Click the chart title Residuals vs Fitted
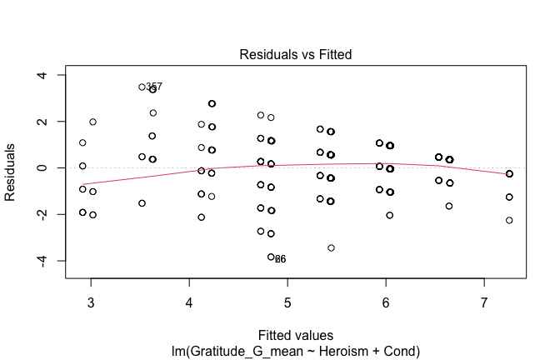click(296, 55)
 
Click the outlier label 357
click(154, 87)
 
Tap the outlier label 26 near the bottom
click(281, 260)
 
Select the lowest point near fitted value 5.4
click(331, 247)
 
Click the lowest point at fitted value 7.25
click(509, 220)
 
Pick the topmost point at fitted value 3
click(92, 122)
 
